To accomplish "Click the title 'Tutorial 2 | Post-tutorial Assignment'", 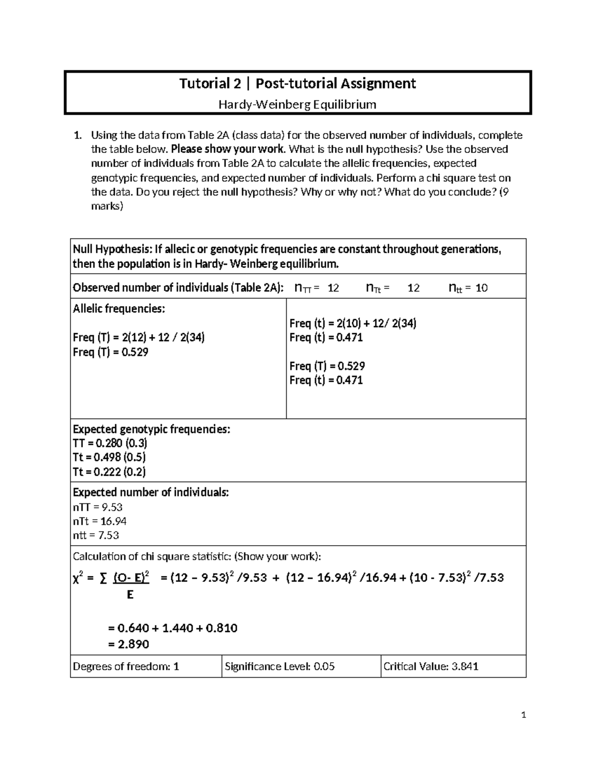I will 298,83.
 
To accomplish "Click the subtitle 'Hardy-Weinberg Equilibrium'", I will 298,105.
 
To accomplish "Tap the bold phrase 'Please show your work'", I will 228,149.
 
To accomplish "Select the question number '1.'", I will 77,135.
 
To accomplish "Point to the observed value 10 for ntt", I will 481,288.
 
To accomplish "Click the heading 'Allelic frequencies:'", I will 119,309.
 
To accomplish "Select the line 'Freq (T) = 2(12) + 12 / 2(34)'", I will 139,338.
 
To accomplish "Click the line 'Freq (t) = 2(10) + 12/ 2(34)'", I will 353,323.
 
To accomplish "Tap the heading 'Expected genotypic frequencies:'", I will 151,429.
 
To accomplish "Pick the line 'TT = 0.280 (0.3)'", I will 110,443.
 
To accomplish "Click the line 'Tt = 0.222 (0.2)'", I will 109,472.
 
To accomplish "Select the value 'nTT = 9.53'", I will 97,507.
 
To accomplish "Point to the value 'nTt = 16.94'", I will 99,521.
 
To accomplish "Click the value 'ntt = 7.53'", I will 96,535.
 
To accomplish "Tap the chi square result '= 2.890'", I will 128,644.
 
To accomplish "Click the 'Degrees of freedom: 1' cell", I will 126,666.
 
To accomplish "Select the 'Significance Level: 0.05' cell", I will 280,666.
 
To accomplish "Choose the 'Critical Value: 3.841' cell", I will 431,666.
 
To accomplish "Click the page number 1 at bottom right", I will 523,715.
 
